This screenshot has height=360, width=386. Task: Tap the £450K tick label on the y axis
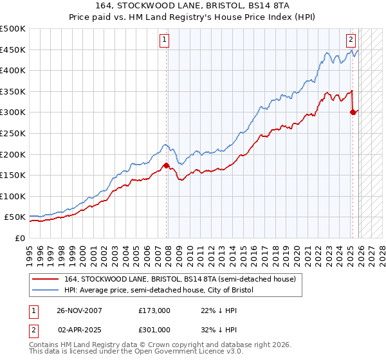[12, 50]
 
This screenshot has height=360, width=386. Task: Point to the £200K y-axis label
[12, 154]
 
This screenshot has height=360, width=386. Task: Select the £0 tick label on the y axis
[19, 238]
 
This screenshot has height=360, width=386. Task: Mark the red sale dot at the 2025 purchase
[352, 112]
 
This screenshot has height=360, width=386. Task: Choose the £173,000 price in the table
[154, 310]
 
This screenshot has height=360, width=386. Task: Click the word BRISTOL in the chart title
[221, 7]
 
